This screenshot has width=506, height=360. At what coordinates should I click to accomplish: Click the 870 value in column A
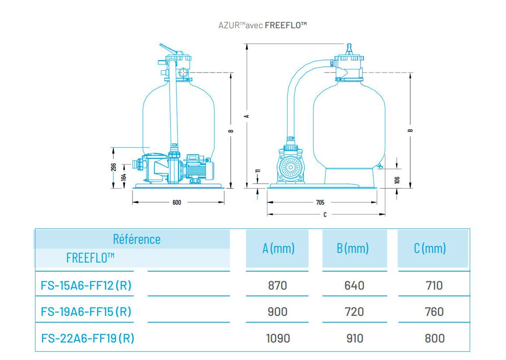click(x=277, y=286)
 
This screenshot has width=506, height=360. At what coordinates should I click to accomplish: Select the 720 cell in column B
click(x=354, y=312)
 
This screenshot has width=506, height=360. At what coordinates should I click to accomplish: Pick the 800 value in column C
click(x=434, y=338)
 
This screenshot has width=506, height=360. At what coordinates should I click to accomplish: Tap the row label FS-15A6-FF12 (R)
click(x=86, y=286)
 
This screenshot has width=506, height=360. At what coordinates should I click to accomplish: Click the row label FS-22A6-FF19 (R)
click(x=87, y=338)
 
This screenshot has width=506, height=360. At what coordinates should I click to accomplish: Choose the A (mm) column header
click(x=278, y=249)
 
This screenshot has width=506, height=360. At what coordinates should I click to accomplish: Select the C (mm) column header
click(x=430, y=249)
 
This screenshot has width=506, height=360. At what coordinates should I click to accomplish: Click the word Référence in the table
click(x=137, y=239)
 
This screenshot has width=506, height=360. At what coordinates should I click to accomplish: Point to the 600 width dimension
click(x=177, y=202)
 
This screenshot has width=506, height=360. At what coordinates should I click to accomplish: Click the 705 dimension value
click(x=320, y=202)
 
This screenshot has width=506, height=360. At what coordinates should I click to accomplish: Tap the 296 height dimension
click(x=113, y=168)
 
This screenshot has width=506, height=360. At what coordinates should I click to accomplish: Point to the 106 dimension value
click(x=397, y=180)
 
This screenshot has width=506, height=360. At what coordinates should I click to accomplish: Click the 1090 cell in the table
click(x=278, y=338)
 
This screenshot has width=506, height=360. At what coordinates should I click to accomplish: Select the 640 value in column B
click(x=354, y=286)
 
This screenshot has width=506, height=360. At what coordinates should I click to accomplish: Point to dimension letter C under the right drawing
click(x=325, y=215)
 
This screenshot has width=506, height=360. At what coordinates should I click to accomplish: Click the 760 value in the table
click(x=434, y=312)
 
